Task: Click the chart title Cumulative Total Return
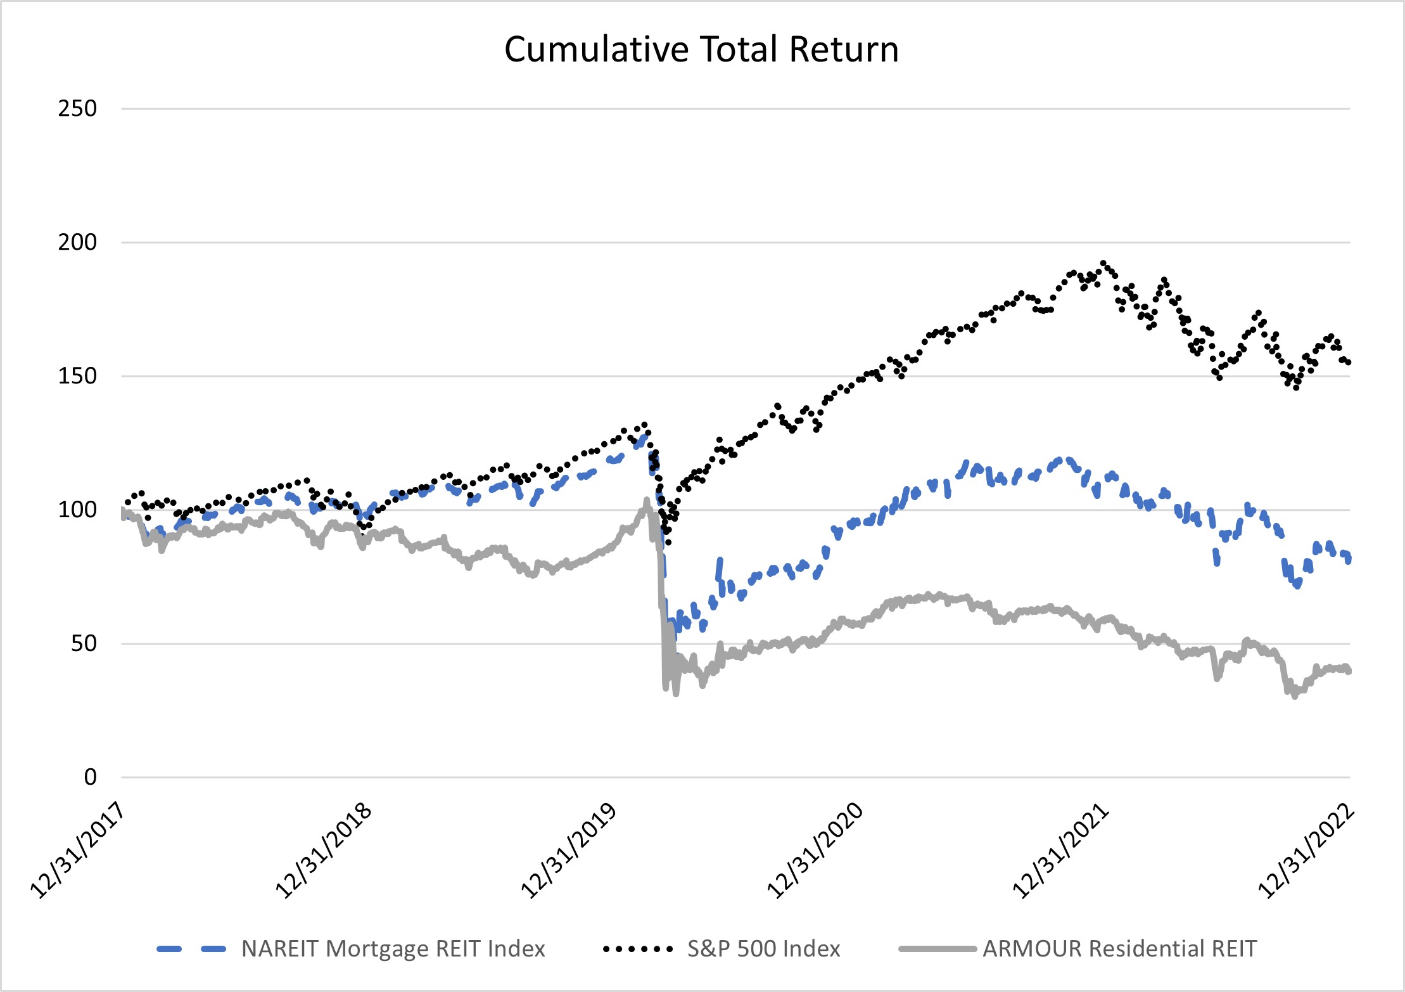click(701, 49)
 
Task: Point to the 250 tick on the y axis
click(77, 108)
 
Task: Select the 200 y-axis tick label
click(77, 242)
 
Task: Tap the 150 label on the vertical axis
click(77, 376)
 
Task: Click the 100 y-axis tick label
click(77, 510)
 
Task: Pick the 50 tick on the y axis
click(84, 643)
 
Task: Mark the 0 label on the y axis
click(91, 777)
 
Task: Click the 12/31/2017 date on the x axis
click(77, 851)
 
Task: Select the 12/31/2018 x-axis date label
click(323, 851)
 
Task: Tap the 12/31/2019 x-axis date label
click(569, 851)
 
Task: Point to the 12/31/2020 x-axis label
click(815, 851)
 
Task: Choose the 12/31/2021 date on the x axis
click(1060, 851)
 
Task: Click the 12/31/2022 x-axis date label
click(1306, 851)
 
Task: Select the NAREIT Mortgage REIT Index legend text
click(393, 949)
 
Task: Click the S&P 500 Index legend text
click(763, 949)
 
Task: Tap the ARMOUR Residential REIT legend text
click(1119, 949)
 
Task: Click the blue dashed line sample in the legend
click(191, 949)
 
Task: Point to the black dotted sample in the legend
click(638, 949)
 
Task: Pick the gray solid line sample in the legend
click(937, 949)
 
